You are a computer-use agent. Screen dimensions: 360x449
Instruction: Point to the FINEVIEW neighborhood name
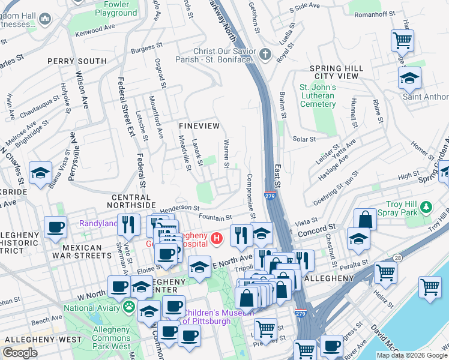pos(199,125)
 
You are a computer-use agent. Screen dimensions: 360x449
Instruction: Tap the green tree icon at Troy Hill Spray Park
pos(426,207)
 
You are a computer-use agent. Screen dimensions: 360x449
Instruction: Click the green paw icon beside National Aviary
pos(128,307)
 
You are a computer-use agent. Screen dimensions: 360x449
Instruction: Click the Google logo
pos(20,353)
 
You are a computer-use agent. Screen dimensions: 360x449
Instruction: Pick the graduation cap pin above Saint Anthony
pos(409,78)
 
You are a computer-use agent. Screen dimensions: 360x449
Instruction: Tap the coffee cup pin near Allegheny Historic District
pos(56,228)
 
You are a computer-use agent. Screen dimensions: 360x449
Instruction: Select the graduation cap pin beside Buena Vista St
pos(40,173)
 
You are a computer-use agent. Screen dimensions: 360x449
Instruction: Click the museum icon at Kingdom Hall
pos(45,20)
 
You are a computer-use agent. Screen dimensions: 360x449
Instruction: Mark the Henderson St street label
pos(179,207)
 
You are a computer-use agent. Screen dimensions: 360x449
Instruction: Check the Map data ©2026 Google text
pos(412,355)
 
